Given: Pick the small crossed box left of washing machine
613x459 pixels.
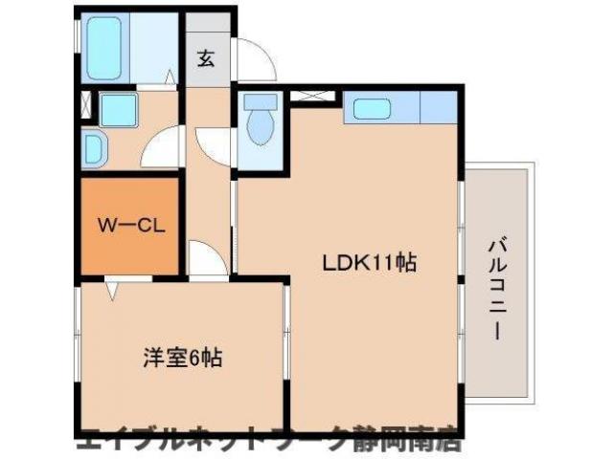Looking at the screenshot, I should [87, 106].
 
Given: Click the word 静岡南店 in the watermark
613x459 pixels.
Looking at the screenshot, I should [412, 442].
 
